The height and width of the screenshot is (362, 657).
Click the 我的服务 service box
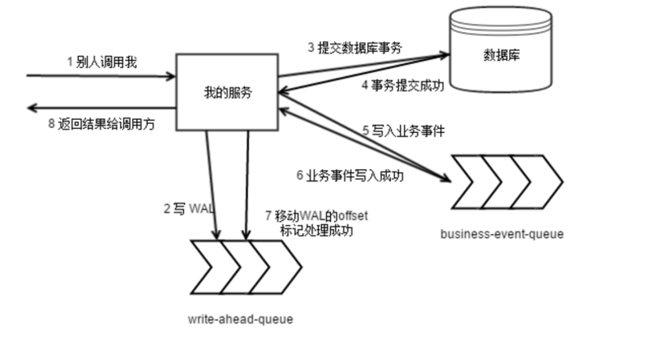227,92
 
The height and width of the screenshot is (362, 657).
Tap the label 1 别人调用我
102,62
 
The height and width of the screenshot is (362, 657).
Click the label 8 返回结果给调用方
101,124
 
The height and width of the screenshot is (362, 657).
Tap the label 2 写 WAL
188,209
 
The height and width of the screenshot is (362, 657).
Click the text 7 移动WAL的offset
315,216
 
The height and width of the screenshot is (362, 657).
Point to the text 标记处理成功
316,231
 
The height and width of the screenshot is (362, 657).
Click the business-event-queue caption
503,234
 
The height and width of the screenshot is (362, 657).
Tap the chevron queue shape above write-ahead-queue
245,267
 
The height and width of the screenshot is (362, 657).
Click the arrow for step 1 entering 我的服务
99,76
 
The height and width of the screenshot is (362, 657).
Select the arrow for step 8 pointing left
99,108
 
